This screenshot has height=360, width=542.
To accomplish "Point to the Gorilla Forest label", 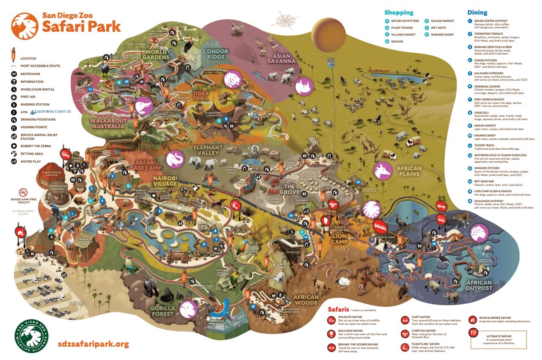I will (163, 311).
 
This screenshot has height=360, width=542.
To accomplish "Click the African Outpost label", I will (479, 285).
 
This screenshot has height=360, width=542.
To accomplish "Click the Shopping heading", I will (399, 13).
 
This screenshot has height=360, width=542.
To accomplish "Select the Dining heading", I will (477, 13).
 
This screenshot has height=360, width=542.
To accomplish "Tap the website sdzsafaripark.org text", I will (93, 344).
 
